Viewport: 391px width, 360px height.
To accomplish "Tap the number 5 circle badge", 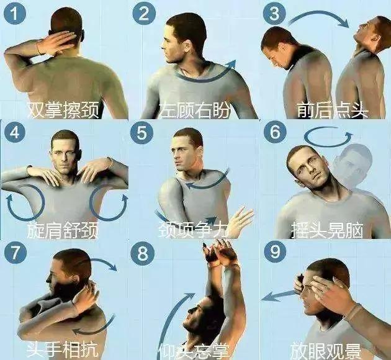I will point(145,133).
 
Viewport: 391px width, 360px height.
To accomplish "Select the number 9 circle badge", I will point(276,252).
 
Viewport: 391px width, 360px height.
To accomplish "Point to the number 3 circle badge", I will point(276,15).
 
